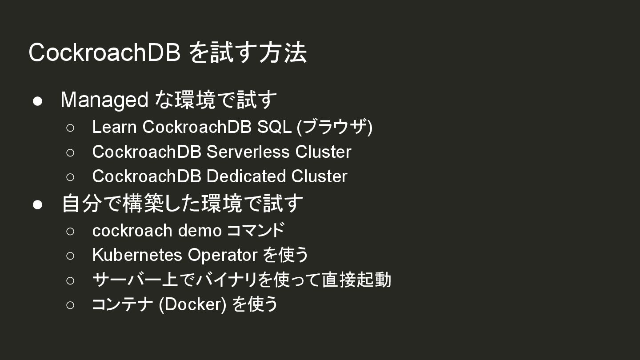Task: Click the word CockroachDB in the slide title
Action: point(104,53)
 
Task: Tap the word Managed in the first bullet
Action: point(104,100)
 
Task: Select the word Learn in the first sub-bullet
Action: point(114,127)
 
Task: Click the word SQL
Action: point(274,127)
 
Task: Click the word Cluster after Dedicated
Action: point(319,176)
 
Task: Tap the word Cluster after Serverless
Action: point(323,152)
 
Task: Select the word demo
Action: point(200,231)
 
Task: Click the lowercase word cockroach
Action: point(132,231)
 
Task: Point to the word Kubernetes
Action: point(137,255)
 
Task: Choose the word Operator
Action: point(222,255)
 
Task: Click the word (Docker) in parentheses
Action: point(192,304)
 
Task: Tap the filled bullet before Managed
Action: point(38,101)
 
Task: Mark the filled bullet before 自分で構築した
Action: point(38,204)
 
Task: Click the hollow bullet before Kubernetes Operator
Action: point(70,256)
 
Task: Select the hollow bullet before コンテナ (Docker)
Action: point(70,305)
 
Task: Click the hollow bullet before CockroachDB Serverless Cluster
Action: point(70,152)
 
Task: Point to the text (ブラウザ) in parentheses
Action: point(335,127)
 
